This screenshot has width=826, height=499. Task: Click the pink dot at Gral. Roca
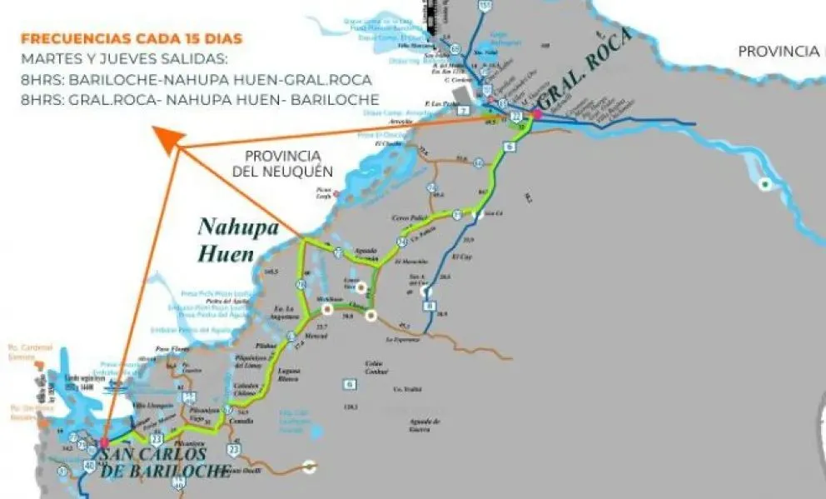click(x=537, y=114)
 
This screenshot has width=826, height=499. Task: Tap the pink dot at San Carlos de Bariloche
click(x=104, y=442)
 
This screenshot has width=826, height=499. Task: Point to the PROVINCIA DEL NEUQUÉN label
click(x=283, y=164)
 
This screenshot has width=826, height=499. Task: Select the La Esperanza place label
click(x=400, y=340)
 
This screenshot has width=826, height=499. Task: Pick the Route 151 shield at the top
click(x=485, y=7)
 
